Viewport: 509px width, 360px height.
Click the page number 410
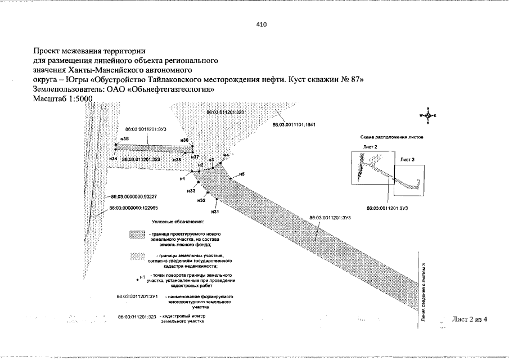[261, 25]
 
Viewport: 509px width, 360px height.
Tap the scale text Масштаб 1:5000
[64, 98]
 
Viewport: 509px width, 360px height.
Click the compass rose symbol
[428, 115]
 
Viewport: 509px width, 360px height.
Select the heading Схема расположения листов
[391, 137]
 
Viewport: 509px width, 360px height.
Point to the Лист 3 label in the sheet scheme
[407, 160]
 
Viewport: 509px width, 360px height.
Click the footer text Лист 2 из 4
[469, 319]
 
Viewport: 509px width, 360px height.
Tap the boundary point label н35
[124, 139]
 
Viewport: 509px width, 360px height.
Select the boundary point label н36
[184, 140]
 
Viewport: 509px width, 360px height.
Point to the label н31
[214, 212]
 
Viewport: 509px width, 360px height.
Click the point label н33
[191, 191]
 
